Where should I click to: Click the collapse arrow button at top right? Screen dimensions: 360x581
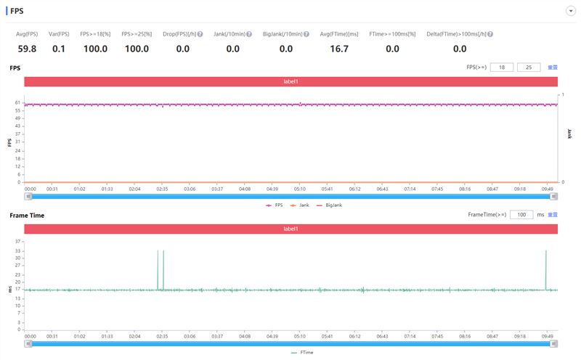pos(571,12)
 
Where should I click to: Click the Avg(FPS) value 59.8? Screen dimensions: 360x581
pos(27,49)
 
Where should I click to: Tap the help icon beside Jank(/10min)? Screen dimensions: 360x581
pos(249,34)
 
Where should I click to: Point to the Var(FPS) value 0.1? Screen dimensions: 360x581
pos(59,49)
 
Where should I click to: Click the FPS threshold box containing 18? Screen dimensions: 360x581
pos(501,67)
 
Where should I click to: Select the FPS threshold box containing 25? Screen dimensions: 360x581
pos(529,67)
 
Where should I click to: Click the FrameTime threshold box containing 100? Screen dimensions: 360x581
pos(521,215)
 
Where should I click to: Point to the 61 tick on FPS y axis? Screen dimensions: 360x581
pos(17,103)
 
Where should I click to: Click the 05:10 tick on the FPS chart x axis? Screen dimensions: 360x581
pos(299,189)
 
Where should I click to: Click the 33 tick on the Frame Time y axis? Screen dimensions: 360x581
pos(17,250)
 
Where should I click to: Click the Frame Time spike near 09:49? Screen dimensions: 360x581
pos(545,269)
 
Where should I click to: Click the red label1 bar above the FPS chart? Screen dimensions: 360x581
pos(290,82)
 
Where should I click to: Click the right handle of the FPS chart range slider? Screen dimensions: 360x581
pos(553,196)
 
